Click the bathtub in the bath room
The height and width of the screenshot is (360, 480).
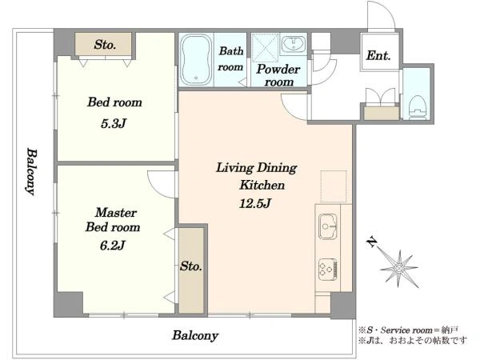coord(196,59)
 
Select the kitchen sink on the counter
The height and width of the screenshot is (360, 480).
coord(328,226)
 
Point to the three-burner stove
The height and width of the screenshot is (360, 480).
coord(328,270)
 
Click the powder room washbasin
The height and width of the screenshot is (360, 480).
coord(294,44)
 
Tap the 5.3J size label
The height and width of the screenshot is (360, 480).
coord(114,123)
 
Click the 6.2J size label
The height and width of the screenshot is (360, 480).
coord(112,245)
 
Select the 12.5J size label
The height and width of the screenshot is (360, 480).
coord(254,203)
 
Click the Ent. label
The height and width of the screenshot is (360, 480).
coord(378,55)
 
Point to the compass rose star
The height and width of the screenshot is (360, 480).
coord(399,269)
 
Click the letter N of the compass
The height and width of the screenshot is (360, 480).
coord(372,242)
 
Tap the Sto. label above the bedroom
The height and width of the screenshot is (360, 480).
coord(105,45)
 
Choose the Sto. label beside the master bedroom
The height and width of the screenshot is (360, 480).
coord(190,266)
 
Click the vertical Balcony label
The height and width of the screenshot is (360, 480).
coord(31,172)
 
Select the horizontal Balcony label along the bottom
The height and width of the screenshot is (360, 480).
coord(195,335)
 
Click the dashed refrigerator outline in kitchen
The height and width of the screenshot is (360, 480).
coord(334,187)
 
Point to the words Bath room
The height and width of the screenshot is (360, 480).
coord(230,58)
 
